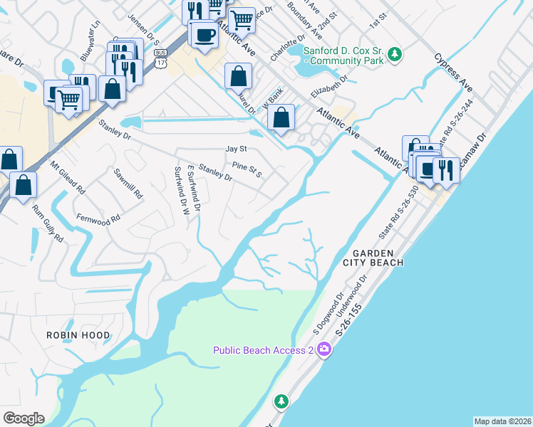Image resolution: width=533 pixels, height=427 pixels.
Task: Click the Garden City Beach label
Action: tap(378, 258)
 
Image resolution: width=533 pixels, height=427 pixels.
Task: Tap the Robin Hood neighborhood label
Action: tap(78, 335)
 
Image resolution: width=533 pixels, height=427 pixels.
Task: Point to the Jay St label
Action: tap(235, 149)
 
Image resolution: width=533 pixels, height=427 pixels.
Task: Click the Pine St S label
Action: tap(247, 169)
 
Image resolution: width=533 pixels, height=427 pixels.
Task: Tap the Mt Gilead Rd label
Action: tap(68, 178)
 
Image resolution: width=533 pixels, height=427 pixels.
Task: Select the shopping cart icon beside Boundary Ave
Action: tap(242, 19)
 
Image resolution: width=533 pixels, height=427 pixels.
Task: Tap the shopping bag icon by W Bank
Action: tap(282, 117)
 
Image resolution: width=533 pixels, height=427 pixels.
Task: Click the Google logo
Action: tap(24, 418)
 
